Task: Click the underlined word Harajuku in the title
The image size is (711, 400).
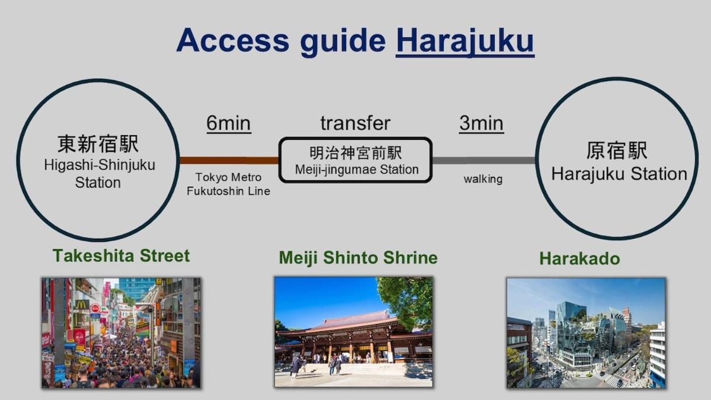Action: click(x=465, y=40)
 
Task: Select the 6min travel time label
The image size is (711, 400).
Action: click(x=228, y=124)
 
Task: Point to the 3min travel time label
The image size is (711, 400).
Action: click(x=481, y=124)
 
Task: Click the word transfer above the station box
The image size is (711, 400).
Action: click(x=355, y=123)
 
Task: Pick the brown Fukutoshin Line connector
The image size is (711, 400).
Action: click(x=229, y=160)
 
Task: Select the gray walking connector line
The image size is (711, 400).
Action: click(x=483, y=160)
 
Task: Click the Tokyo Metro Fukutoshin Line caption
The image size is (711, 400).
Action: click(x=228, y=184)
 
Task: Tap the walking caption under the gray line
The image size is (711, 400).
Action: click(x=482, y=179)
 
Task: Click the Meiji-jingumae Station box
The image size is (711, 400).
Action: click(x=355, y=160)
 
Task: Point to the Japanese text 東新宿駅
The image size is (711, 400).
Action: click(x=98, y=144)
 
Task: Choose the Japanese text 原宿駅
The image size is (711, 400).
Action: click(x=616, y=151)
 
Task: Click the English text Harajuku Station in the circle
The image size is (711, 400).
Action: click(x=619, y=174)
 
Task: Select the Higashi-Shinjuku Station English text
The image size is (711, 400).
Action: click(x=99, y=174)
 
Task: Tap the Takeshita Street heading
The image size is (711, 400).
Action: click(x=121, y=255)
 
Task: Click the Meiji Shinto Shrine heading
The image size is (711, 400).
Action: click(x=358, y=258)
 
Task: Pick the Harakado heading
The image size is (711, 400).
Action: click(x=579, y=258)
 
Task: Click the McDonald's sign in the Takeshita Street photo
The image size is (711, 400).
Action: click(x=82, y=305)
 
